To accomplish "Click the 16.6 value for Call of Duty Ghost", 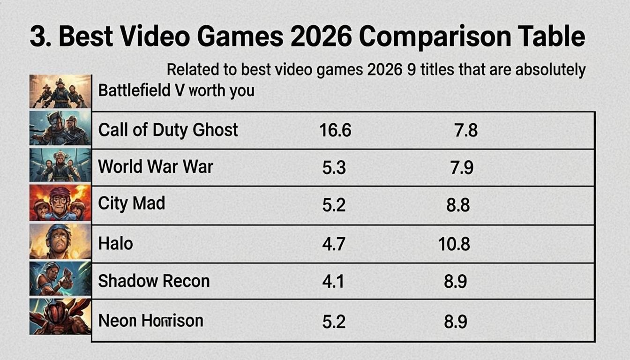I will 335,130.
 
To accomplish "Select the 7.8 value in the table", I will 465,130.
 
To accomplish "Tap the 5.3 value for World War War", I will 334,167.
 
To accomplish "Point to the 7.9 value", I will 462,167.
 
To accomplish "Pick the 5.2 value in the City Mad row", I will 334,205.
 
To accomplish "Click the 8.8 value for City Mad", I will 458,205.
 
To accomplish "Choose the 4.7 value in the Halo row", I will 334,244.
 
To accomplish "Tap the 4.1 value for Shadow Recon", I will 333,281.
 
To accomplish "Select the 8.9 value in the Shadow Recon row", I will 455,281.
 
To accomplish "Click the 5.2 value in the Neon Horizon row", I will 334,321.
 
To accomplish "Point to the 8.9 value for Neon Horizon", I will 455,321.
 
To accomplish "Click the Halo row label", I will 115,243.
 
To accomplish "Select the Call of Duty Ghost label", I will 168,130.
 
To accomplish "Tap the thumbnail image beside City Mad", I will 60,202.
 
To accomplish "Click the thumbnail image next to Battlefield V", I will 60,91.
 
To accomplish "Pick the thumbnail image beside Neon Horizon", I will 60,316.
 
